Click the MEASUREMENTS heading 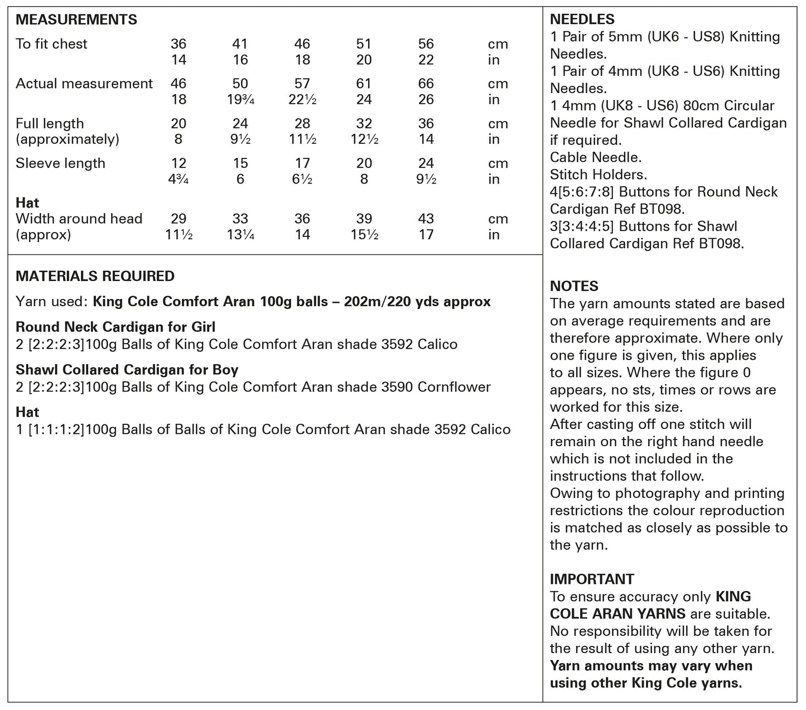76,20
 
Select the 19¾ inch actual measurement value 240,100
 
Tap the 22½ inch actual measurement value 302,100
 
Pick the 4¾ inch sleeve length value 178,180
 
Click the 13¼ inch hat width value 240,235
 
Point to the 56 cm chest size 426,44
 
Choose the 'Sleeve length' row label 60,163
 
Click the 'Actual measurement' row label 84,84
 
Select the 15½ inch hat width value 364,235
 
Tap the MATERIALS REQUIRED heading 95,276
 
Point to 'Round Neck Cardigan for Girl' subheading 115,327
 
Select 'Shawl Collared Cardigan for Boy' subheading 127,370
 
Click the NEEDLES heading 582,20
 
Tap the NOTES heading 574,286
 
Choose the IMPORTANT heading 592,579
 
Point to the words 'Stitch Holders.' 599,175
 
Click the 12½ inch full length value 364,139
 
